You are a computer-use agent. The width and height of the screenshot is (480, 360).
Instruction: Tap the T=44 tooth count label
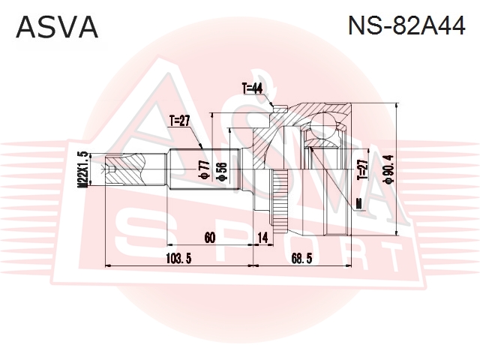[252, 88]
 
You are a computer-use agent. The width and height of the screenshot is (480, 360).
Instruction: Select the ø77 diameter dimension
[203, 170]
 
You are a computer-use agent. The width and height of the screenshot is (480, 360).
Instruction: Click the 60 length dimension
[210, 237]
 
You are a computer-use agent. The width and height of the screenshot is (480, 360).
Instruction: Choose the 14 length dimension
[262, 237]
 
